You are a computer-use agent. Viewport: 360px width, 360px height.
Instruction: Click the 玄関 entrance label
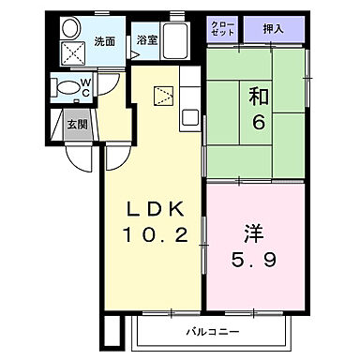[76, 123]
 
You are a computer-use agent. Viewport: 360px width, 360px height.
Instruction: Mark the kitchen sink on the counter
[189, 118]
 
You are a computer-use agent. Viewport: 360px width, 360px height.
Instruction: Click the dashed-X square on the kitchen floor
[164, 94]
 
